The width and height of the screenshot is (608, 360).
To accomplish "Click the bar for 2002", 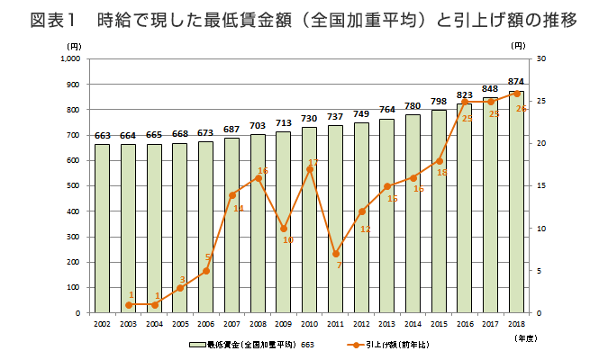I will pos(103,229).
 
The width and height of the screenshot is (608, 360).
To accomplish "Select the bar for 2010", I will pos(309,220).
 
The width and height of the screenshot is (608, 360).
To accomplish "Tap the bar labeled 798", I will pos(439,211).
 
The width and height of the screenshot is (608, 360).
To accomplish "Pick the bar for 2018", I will pos(516,202).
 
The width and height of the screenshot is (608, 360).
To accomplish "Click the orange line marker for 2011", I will pos(335,254).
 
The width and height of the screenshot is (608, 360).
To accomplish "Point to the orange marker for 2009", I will pos(284,229).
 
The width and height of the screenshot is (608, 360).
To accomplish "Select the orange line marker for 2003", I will pos(129,305).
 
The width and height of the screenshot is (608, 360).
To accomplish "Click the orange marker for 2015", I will pos(439,160).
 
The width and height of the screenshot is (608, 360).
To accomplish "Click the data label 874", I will pos(516,82).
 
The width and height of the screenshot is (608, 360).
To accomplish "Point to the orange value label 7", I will pos(339,265).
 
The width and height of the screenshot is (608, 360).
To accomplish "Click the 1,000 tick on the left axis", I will pos(69,58).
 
